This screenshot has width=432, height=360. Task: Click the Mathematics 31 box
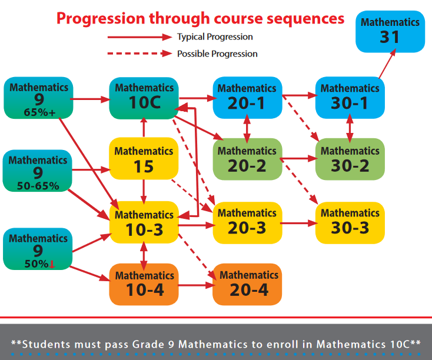pos(390,31)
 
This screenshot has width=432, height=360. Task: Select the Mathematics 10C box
pos(144,98)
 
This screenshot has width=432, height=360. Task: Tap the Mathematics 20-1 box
pos(247,98)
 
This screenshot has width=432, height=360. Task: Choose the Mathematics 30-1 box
pos(350,98)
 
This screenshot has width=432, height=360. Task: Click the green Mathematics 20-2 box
pos(247,159)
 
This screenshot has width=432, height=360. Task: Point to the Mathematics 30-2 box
pos(350,159)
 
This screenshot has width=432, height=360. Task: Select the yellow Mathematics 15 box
pos(144,158)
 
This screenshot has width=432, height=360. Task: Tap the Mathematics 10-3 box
pos(144,222)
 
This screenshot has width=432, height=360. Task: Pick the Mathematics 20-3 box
pos(247,223)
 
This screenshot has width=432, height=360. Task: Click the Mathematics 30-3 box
pos(350,223)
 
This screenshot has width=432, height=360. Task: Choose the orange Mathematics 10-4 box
pos(144,284)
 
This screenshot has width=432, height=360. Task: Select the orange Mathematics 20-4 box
pos(247,284)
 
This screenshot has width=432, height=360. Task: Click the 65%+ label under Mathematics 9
pos(39,112)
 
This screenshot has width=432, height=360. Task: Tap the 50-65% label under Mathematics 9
pos(38,186)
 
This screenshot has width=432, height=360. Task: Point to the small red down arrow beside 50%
pos(52,264)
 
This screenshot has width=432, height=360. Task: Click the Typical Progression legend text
pos(215,37)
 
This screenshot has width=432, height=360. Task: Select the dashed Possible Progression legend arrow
pos(139,54)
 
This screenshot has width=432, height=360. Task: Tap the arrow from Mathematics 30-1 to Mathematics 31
pos(387,64)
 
